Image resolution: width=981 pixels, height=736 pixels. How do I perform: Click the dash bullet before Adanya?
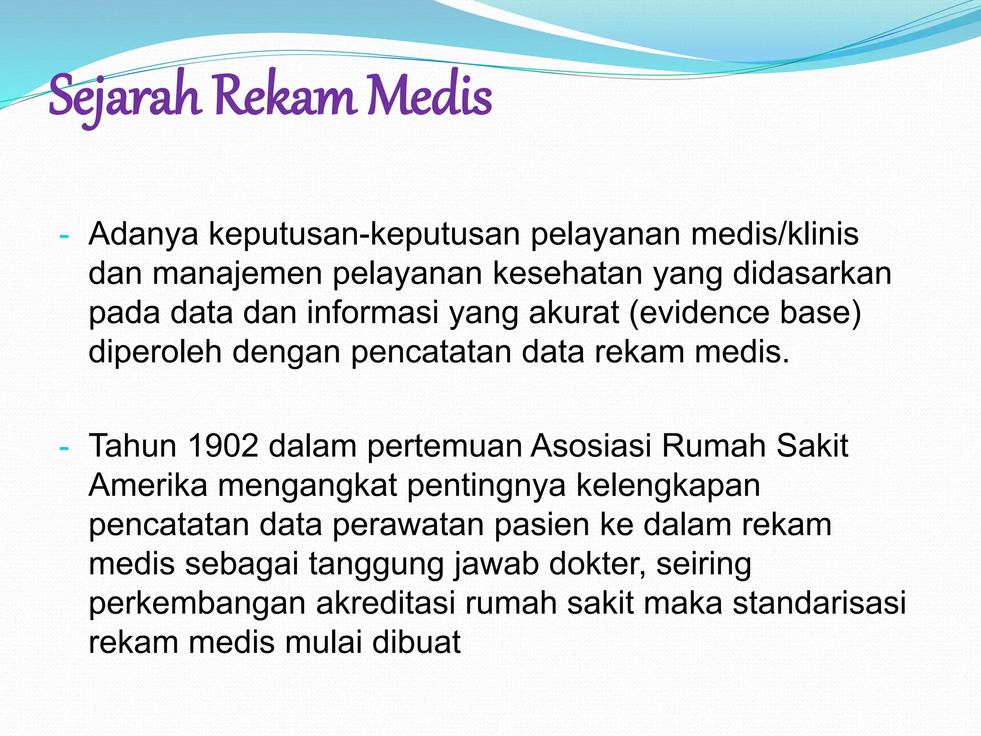(64, 236)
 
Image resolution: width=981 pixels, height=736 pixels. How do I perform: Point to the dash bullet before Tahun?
(64, 448)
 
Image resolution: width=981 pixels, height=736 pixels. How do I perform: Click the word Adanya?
(143, 235)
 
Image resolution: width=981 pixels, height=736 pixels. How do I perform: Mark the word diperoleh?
(155, 352)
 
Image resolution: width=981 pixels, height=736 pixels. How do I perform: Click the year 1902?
(223, 446)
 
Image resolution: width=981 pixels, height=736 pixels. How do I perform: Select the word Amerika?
(148, 485)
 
